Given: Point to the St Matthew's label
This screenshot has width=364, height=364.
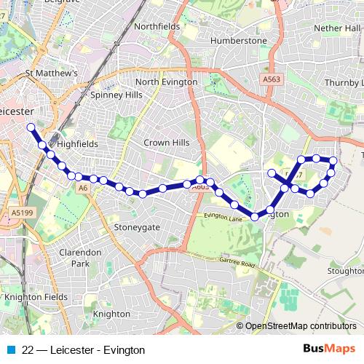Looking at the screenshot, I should click(51, 74).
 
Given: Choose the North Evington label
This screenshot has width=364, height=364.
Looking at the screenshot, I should click(166, 82).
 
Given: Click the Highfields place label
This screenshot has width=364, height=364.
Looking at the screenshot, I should click(77, 144).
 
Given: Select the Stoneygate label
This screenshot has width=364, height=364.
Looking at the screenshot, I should click(136, 227).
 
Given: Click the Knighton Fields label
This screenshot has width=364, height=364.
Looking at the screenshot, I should click(36, 297).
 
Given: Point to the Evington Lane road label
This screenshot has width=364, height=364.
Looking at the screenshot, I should click(222, 216).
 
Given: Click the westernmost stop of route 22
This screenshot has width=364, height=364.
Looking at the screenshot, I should click(31, 127).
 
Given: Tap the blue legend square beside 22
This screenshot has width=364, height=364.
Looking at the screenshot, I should click(12, 349).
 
